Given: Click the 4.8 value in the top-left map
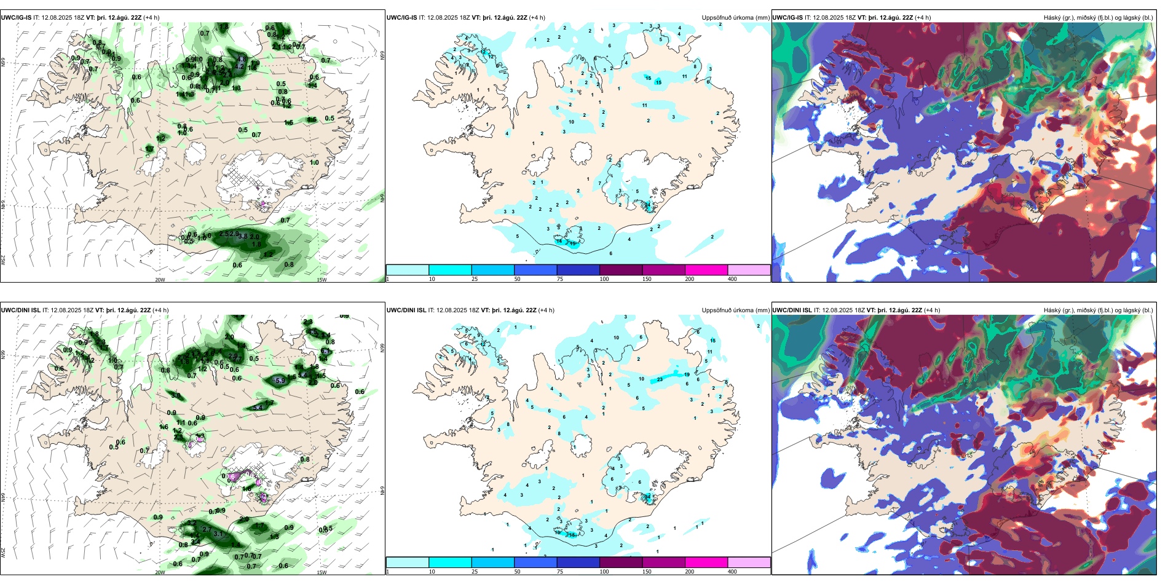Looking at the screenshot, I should tap(242, 60).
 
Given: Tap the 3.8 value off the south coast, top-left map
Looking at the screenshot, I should tap(243, 236).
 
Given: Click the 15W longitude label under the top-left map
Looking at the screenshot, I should tap(321, 280).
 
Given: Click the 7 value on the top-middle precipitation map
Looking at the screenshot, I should tap(600, 183).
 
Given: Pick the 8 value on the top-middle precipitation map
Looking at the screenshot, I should tap(695, 66).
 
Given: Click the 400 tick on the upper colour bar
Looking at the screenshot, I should tap(732, 279).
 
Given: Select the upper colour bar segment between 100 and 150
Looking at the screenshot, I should tap(621, 270).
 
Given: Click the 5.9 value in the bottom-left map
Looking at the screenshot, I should tap(280, 381).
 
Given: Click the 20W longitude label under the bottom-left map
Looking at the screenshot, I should tap(160, 572).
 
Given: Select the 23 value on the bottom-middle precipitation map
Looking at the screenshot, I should tap(660, 379).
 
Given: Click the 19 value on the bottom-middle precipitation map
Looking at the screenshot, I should tap(687, 374).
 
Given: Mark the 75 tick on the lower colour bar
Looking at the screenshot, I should tap(560, 572).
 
